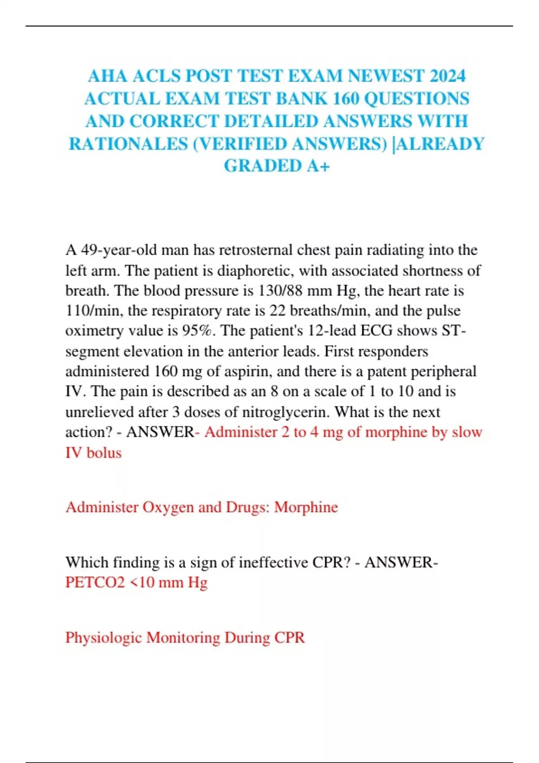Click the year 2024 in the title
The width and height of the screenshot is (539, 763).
(447, 76)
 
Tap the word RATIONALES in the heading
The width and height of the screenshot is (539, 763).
(128, 144)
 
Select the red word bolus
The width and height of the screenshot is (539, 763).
(104, 452)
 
